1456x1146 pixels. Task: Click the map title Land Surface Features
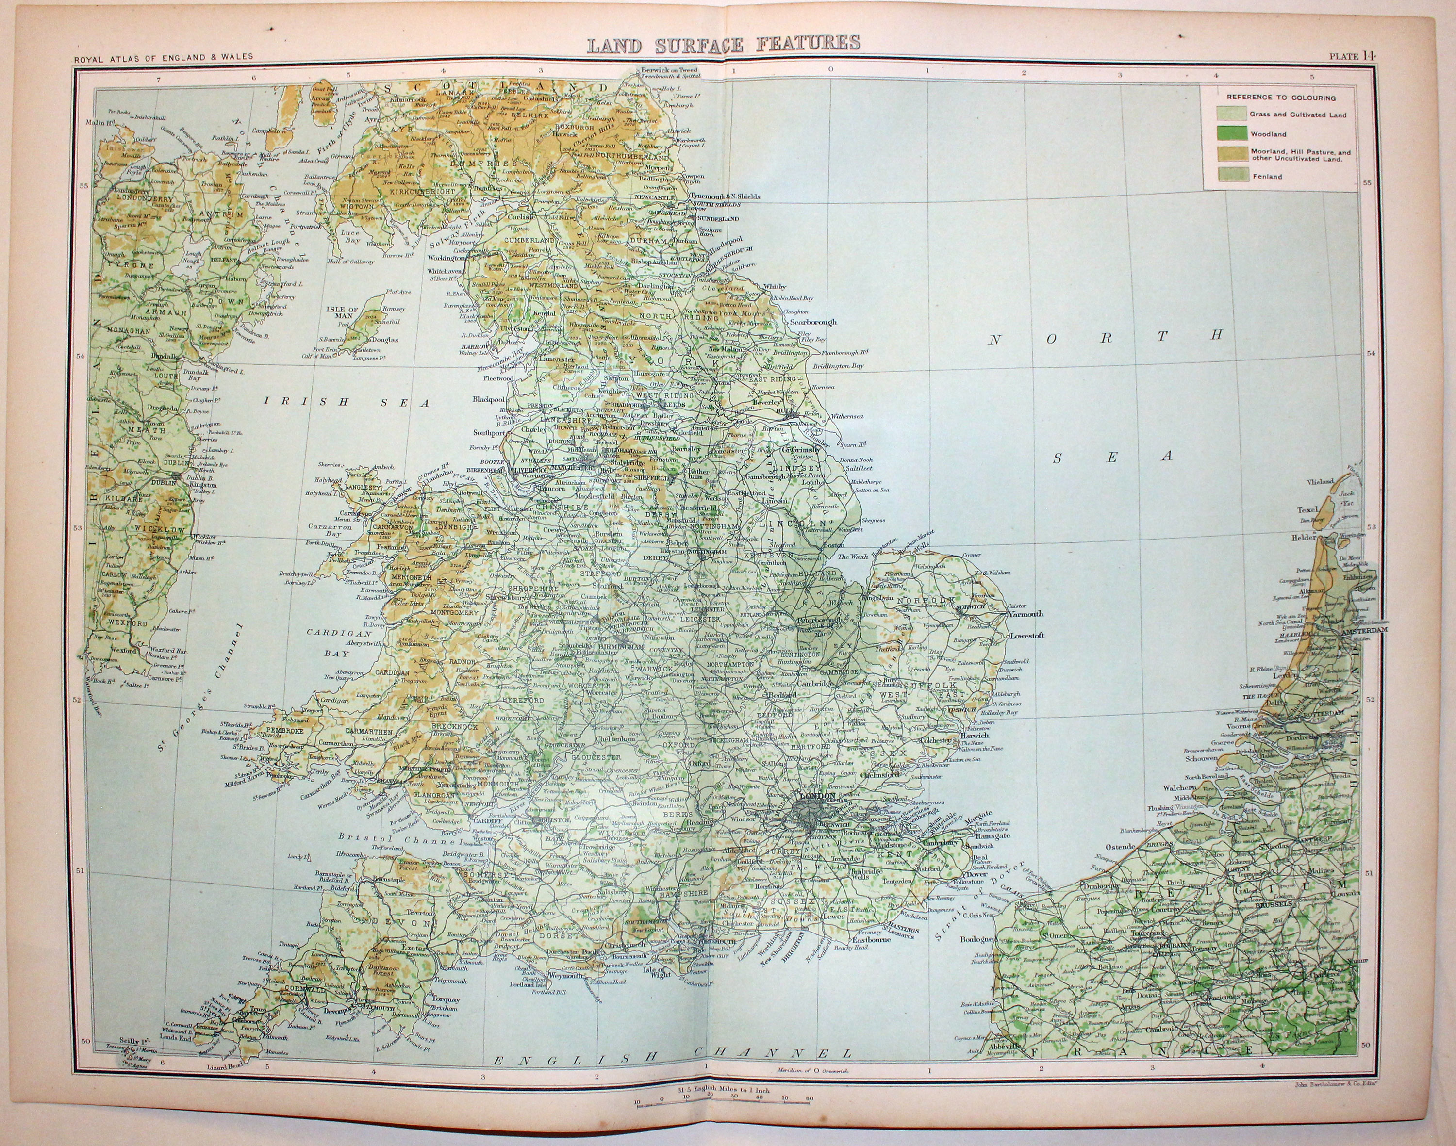[x=724, y=44]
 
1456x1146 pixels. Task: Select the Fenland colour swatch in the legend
[x=1228, y=177]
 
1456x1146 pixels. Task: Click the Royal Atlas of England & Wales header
[x=164, y=56]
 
